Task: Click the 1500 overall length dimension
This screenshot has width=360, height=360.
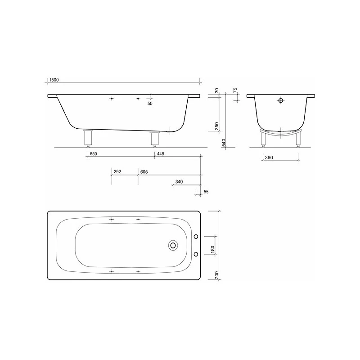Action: click(54, 80)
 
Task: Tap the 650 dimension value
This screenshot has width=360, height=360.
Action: click(93, 154)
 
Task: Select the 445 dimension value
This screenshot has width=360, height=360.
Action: click(160, 154)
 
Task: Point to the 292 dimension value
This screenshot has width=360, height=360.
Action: click(117, 172)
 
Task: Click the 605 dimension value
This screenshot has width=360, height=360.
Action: click(144, 172)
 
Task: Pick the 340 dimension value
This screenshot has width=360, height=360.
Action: click(179, 182)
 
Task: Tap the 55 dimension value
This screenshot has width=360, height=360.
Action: click(206, 192)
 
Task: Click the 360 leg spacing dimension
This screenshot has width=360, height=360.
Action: click(269, 157)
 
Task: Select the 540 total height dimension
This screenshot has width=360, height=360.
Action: click(224, 143)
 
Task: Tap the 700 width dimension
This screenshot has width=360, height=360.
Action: click(216, 275)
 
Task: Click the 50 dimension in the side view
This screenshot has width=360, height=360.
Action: click(150, 103)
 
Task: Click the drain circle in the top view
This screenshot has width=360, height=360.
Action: click(173, 245)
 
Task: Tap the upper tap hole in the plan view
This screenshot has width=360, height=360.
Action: click(196, 236)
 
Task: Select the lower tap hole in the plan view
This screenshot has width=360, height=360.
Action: click(196, 254)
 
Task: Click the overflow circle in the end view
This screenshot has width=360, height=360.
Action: click(281, 100)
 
